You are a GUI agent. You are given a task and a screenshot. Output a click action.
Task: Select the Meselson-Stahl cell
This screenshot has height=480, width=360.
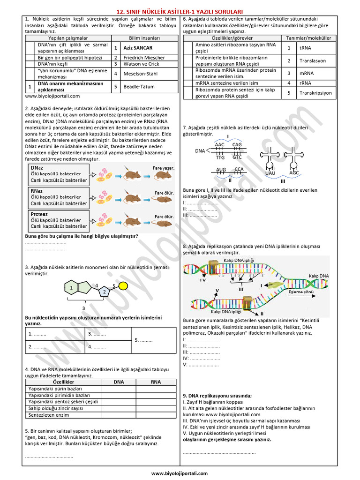(x=141, y=74)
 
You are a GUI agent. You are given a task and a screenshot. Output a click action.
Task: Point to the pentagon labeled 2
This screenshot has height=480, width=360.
(x=104, y=292)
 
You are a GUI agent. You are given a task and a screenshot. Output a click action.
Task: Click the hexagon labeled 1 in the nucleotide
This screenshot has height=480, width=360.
(x=72, y=287)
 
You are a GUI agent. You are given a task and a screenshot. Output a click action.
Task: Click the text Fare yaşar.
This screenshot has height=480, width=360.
(x=163, y=168)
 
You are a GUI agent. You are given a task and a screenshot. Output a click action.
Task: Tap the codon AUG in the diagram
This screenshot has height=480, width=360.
(x=221, y=170)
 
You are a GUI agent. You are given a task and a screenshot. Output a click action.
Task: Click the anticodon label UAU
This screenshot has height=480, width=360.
(x=270, y=173)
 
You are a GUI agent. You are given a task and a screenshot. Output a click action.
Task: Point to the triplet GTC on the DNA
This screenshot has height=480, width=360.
(x=237, y=157)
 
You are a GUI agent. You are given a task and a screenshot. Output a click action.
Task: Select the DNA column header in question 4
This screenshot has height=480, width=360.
(x=119, y=382)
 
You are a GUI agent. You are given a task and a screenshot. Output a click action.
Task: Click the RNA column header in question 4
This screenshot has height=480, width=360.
(x=156, y=382)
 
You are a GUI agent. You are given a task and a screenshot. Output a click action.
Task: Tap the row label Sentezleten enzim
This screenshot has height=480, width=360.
(x=49, y=415)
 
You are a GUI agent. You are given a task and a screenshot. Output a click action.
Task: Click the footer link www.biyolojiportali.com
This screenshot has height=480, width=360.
(x=180, y=473)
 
